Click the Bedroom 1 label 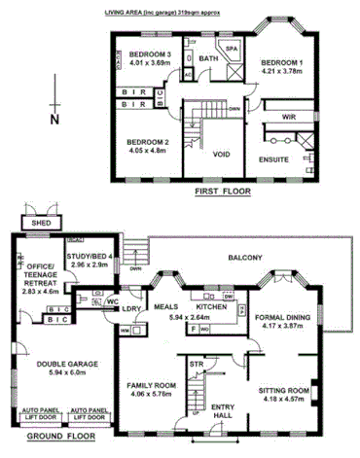[x=281, y=62]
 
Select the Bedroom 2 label [x=148, y=142]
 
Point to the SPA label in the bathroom [x=232, y=48]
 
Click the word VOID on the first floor [x=221, y=154]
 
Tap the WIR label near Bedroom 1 [x=287, y=117]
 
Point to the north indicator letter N [x=55, y=119]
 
